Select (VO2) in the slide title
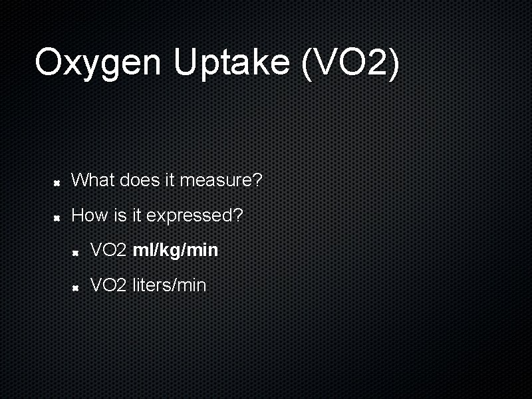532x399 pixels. pos(350,63)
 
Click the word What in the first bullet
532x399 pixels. pos(93,180)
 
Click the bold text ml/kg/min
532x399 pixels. pos(176,250)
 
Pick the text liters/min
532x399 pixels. pos(170,285)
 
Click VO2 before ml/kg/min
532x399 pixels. pos(108,250)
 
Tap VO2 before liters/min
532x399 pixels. pos(108,285)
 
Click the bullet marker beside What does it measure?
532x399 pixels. pos(58,181)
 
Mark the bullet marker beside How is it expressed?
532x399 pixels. pos(58,217)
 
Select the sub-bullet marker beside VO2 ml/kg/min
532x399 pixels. pos(76,251)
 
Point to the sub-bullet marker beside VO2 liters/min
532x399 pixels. pos(76,287)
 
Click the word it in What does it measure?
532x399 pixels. pos(168,180)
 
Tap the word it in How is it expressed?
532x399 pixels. pos(135,215)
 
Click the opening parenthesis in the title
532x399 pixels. pos(307,63)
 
